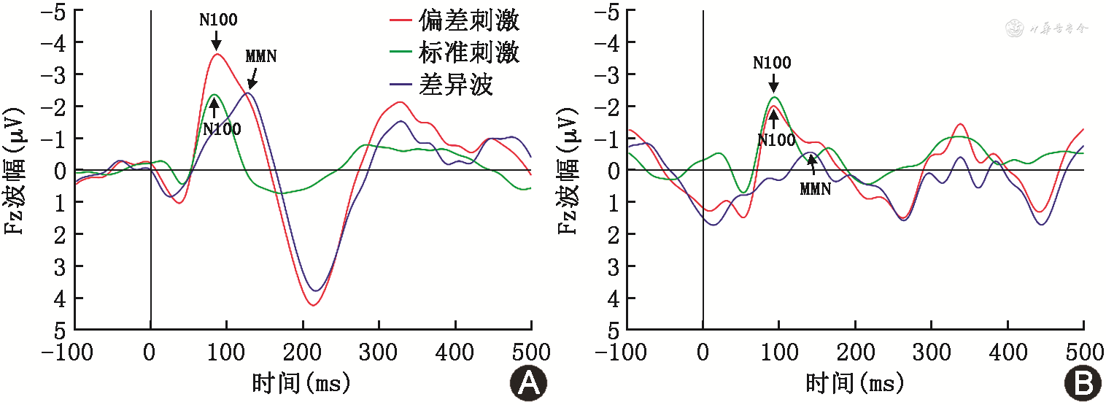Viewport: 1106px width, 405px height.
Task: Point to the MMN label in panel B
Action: (816, 189)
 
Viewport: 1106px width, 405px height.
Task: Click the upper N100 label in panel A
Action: (218, 20)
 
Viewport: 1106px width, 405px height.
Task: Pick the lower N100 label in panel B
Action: (776, 141)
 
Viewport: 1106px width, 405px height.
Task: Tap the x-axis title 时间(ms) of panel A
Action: (301, 382)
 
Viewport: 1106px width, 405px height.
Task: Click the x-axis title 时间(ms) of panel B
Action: (854, 382)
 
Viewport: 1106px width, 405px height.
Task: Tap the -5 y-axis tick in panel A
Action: (58, 12)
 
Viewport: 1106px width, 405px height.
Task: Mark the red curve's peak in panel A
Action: (217, 54)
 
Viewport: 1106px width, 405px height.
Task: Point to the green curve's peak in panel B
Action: (775, 97)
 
